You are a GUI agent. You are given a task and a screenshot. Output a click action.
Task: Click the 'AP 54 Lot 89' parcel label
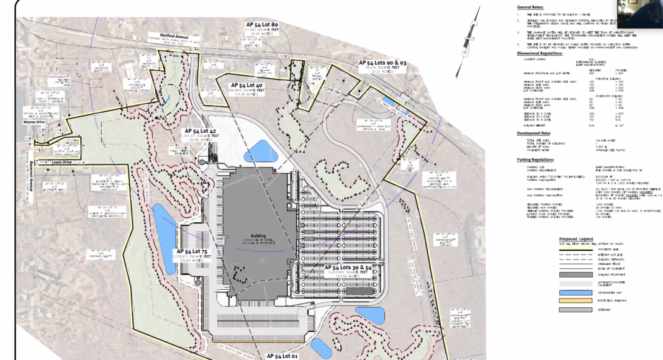[x=261, y=24]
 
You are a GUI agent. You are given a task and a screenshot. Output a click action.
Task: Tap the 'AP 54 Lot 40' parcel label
[x=246, y=85]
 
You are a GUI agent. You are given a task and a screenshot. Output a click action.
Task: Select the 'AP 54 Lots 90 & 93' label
[x=382, y=63]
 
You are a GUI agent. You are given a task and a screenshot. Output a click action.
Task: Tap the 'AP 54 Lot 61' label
[x=282, y=356]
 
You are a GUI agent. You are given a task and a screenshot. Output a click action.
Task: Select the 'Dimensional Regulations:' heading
[x=544, y=53]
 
